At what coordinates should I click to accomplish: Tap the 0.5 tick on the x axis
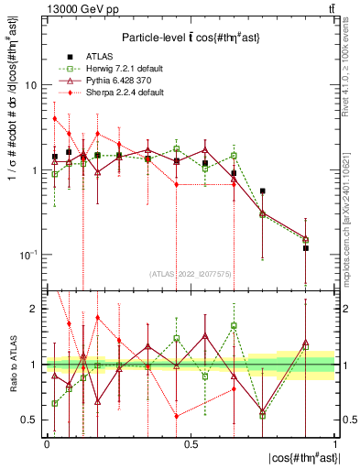pos(191,442)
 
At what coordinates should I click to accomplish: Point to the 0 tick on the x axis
pos(47,442)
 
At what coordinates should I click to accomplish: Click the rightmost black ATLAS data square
pos(306,248)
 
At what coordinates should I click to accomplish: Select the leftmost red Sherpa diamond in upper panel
pos(55,118)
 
